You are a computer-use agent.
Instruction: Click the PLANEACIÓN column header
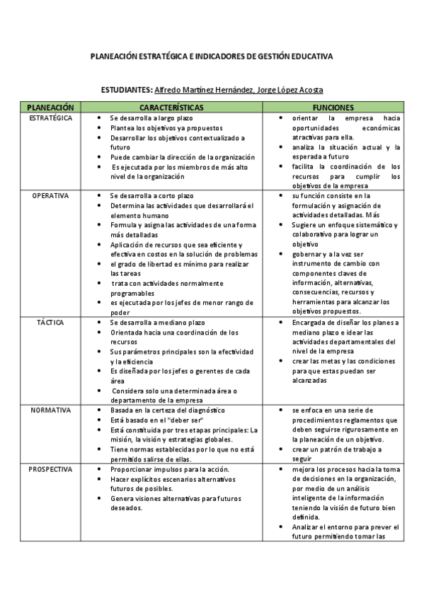click(50, 107)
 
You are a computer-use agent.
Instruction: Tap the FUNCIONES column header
click(333, 107)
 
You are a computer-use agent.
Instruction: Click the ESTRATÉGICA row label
click(50, 117)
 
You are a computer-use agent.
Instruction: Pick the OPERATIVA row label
click(50, 195)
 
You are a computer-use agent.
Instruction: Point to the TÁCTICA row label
click(50, 322)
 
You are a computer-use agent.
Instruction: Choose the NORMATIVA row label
click(50, 410)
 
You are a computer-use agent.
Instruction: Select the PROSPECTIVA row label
click(50, 468)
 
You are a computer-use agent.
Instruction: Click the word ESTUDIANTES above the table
click(127, 91)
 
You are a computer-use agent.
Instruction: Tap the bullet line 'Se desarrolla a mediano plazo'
click(157, 322)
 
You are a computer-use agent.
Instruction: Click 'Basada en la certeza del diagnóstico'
click(167, 410)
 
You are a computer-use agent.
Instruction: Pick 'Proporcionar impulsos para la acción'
click(168, 468)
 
